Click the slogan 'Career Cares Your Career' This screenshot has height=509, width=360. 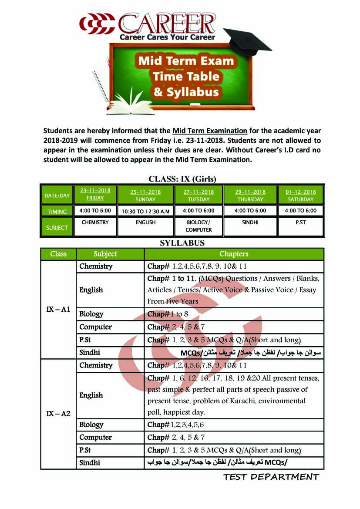pyautogui.click(x=167, y=37)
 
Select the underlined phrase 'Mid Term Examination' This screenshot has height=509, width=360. pyautogui.click(x=210, y=131)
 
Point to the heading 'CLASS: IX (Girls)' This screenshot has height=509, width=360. pyautogui.click(x=182, y=179)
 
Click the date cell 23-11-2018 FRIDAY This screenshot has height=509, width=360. pyautogui.click(x=95, y=194)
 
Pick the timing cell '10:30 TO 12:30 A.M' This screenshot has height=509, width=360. pyautogui.click(x=145, y=211)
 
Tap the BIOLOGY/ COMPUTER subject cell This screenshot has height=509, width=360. pyautogui.click(x=199, y=226)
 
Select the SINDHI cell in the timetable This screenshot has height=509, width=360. pyautogui.click(x=250, y=222)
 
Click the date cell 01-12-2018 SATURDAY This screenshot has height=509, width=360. pyautogui.click(x=300, y=195)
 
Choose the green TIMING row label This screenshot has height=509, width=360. pyautogui.click(x=57, y=212)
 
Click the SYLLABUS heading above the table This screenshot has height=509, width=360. pyautogui.click(x=182, y=243)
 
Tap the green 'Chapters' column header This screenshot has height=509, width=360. pyautogui.click(x=234, y=254)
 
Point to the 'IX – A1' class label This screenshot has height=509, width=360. pyautogui.click(x=58, y=309)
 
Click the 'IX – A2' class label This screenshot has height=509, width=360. pyautogui.click(x=58, y=413)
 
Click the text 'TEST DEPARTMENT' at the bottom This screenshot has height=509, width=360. pyautogui.click(x=271, y=477)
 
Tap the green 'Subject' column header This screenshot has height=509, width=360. pyautogui.click(x=105, y=254)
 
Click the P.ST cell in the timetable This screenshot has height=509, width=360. pyautogui.click(x=300, y=222)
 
